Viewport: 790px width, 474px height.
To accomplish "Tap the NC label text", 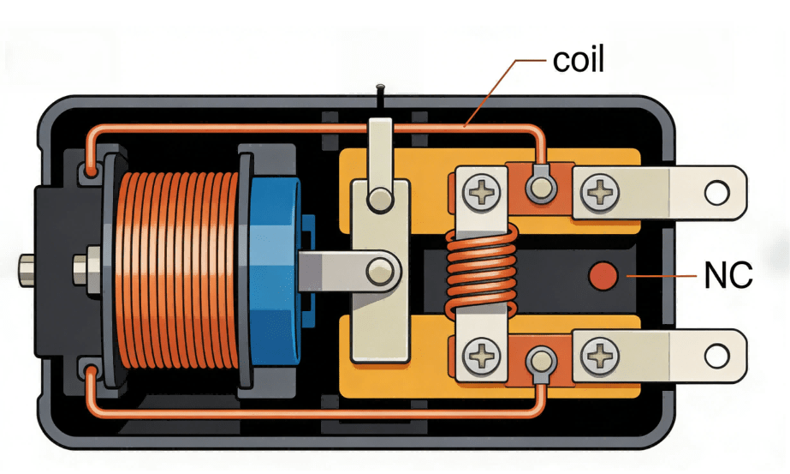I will coord(728,276).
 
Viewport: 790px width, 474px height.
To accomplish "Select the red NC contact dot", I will coord(605,276).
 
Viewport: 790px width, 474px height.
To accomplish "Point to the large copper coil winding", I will coord(179,271).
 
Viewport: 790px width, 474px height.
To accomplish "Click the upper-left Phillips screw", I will coord(482,190).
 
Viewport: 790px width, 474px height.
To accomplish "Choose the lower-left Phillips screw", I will coord(482,353).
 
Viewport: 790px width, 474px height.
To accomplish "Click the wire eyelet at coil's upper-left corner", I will coord(91,171).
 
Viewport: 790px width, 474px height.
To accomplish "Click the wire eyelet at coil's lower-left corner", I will coord(91,370).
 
